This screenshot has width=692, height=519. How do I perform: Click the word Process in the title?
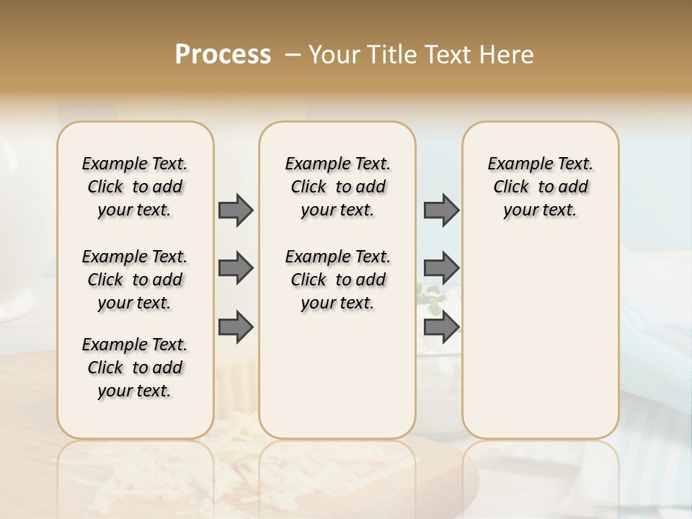223,55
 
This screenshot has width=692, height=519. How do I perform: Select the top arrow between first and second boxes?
236,210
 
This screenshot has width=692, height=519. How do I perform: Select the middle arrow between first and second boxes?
236,268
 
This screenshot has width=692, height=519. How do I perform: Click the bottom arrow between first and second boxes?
236,327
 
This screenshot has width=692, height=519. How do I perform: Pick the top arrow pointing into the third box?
441,210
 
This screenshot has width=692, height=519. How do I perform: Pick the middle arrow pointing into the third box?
441,268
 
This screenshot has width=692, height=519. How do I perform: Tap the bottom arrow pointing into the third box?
441,327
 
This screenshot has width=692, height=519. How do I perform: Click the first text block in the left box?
135,187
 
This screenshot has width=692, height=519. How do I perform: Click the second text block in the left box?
135,280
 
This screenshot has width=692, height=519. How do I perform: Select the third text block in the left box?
135,368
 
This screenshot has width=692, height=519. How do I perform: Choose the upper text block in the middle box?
337,187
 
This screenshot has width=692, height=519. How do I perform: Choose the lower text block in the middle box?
337,280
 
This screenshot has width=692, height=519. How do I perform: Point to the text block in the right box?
540,187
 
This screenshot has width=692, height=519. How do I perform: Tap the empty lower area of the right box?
540,339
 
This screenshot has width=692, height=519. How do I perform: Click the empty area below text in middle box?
337,375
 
